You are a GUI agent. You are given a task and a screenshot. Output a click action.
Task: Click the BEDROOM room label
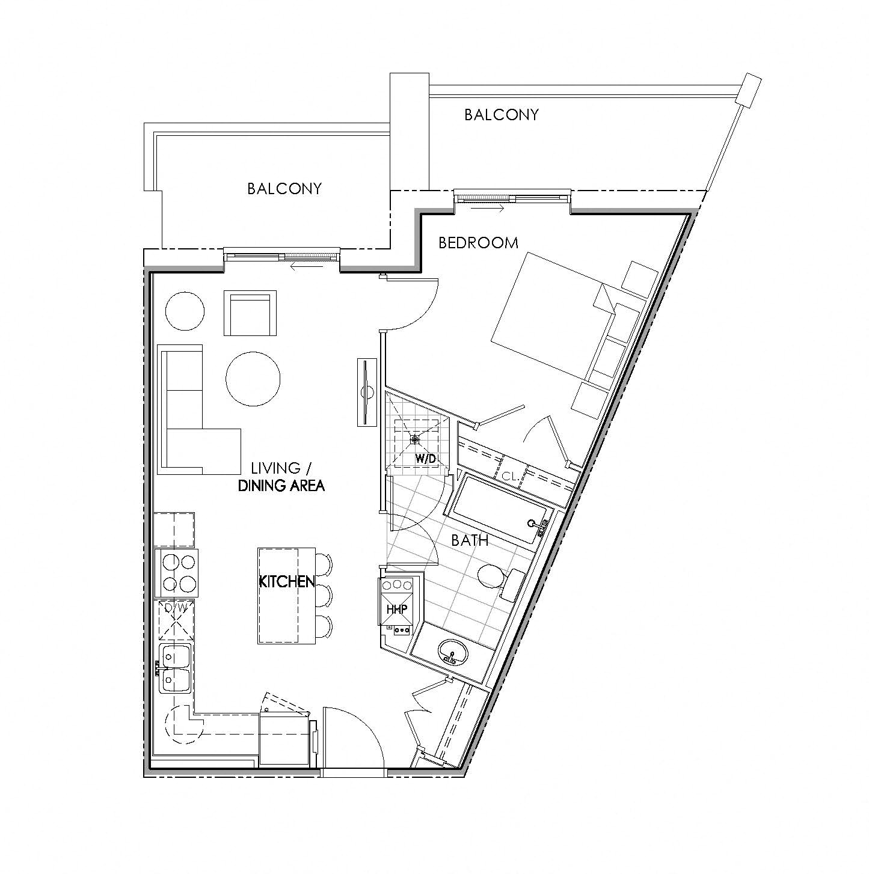478,243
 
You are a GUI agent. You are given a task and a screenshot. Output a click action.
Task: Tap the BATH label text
470,540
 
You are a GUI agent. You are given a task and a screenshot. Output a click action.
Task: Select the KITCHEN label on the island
287,581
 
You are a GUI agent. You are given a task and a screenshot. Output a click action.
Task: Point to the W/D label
425,459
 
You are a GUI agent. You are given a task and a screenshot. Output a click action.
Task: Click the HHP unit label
397,609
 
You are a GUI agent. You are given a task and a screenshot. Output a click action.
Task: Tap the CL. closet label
510,475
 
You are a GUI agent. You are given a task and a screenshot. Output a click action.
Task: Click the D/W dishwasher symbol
176,620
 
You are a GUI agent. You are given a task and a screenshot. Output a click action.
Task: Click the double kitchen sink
176,668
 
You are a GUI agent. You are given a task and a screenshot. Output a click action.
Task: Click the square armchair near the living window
250,313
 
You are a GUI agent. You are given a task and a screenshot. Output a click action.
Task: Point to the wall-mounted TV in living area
366,393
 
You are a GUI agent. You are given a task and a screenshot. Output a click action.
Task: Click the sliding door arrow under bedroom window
487,209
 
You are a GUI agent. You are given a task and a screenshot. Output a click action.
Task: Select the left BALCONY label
284,189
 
